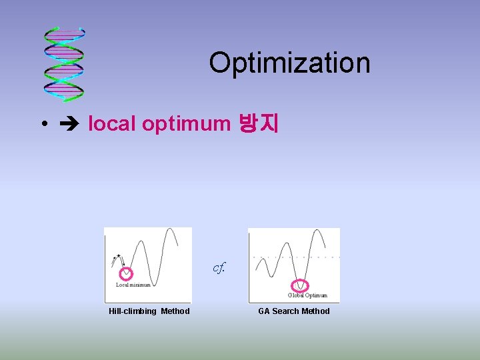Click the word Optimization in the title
(289, 63)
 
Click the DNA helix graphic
(63, 64)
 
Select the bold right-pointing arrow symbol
(71, 124)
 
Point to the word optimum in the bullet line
(186, 123)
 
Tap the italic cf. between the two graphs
(219, 268)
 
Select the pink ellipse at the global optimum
(301, 285)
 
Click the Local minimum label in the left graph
(133, 285)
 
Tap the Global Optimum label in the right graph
(307, 295)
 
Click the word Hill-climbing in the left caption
(133, 311)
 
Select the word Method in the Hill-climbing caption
(175, 311)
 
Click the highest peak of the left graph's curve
(171, 231)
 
